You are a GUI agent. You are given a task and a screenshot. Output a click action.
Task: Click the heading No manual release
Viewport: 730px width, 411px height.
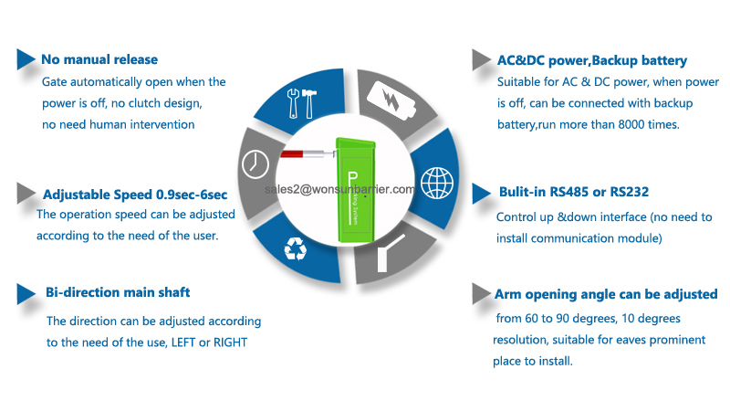99,59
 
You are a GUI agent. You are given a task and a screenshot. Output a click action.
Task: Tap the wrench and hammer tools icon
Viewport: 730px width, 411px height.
302,103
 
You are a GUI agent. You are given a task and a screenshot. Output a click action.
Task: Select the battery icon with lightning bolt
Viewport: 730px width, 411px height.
391,100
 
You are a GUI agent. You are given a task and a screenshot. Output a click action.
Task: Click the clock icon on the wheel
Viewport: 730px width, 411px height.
255,164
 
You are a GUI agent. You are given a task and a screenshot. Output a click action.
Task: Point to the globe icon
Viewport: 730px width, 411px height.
437,184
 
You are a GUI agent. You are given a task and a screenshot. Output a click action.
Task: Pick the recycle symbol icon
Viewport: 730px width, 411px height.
296,248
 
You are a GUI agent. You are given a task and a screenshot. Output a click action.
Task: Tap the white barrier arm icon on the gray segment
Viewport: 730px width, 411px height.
389,254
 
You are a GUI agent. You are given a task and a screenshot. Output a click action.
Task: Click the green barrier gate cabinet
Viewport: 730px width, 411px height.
356,191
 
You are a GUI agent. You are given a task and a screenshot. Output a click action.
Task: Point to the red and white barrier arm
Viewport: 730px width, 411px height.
308,153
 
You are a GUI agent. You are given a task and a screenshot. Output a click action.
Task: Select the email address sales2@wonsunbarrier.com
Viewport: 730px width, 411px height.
339,189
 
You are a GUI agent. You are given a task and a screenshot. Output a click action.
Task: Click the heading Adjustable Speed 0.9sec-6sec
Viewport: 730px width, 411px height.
135,195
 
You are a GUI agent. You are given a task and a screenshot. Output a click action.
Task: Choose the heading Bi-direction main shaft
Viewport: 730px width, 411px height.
118,292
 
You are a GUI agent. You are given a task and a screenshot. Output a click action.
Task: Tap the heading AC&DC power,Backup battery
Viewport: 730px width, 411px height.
592,60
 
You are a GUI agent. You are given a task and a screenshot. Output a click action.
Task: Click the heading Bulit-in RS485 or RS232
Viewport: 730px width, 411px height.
574,192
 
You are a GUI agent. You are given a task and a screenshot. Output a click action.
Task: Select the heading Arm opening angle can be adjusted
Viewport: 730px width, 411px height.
606,294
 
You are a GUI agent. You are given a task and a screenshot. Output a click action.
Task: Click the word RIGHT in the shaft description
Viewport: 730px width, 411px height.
230,342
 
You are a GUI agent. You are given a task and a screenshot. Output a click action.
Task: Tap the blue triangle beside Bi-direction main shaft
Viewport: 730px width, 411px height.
26,294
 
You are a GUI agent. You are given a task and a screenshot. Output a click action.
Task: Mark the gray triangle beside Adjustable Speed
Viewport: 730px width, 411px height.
26,194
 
